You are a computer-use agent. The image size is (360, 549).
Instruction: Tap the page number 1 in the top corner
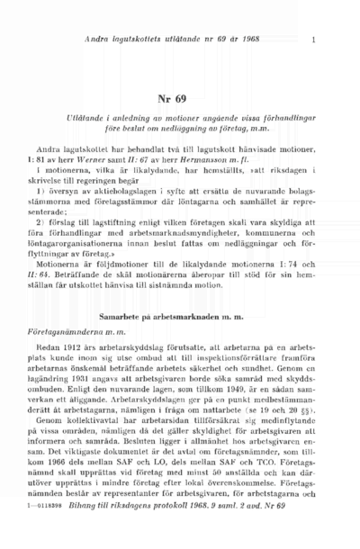[x=312, y=40]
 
